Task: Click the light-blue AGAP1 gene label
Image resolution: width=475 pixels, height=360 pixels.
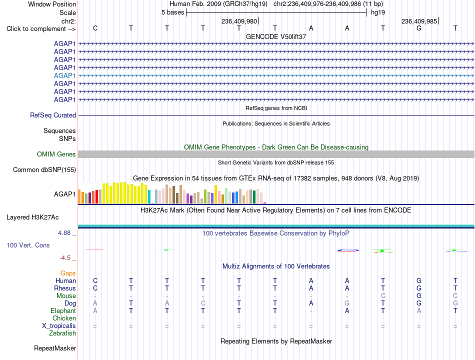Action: pos(65,76)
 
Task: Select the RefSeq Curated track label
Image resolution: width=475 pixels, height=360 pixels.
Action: pos(53,115)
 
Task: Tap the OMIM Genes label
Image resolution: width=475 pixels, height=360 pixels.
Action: pos(56,154)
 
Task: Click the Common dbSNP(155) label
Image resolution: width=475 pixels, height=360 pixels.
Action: pos(44,169)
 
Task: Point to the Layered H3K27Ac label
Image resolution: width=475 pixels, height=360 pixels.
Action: pos(32,217)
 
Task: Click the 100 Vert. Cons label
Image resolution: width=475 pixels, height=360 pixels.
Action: pos(28,245)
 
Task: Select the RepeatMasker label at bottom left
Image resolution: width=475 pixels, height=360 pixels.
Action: pos(55,348)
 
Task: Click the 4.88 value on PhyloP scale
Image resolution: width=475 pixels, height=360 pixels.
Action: pos(64,233)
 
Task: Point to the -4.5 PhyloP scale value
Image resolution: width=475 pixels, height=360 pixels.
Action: pos(65,258)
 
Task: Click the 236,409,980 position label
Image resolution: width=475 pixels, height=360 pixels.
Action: pos(239,21)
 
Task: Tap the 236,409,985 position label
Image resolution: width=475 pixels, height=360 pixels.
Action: pos(419,21)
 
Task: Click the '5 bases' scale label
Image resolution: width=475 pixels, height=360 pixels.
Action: pos(172,12)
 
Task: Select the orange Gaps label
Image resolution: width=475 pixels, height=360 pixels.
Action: pos(68,273)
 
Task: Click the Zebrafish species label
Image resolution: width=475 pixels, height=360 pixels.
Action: pos(62,333)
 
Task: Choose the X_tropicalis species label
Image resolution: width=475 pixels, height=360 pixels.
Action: pos(59,326)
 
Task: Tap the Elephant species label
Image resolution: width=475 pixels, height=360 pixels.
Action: pos(63,311)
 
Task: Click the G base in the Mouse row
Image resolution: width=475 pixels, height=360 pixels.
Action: pos(419,295)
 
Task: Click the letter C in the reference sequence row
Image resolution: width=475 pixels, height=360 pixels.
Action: pos(95,28)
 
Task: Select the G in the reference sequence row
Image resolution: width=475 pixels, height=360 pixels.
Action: pos(419,28)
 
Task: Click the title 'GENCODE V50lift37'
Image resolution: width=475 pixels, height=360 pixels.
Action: pos(276,36)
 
